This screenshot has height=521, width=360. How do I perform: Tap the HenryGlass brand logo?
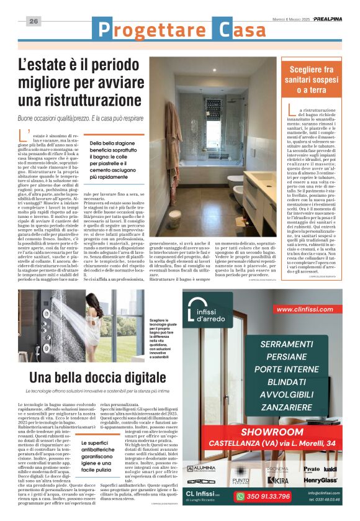320,480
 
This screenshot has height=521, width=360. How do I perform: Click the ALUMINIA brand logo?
201,468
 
